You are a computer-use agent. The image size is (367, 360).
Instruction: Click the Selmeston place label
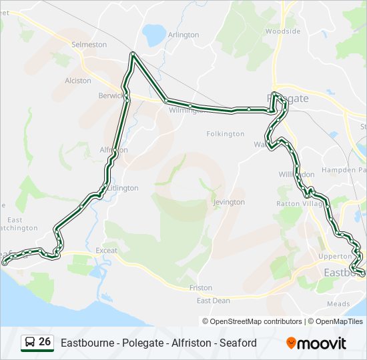pyautogui.click(x=89, y=44)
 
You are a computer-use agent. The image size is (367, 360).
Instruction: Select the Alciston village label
pyautogui.click(x=78, y=81)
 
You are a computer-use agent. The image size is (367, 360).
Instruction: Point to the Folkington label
pyautogui.click(x=226, y=134)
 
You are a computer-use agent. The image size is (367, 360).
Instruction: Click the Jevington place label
pyautogui.click(x=228, y=202)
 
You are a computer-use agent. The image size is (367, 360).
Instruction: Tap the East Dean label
pyautogui.click(x=213, y=301)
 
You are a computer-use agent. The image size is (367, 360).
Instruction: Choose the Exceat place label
pyautogui.click(x=106, y=251)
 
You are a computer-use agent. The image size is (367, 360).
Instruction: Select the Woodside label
pyautogui.click(x=283, y=31)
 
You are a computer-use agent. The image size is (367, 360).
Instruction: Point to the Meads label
pyautogui.click(x=338, y=303)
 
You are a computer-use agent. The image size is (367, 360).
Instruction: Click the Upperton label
pyautogui.click(x=335, y=256)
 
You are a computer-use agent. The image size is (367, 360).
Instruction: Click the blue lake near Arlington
pyautogui.click(x=153, y=33)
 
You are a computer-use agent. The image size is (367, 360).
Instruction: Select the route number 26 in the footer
pyautogui.click(x=45, y=342)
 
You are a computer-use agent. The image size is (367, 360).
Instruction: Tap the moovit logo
pyautogui.click(x=316, y=343)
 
